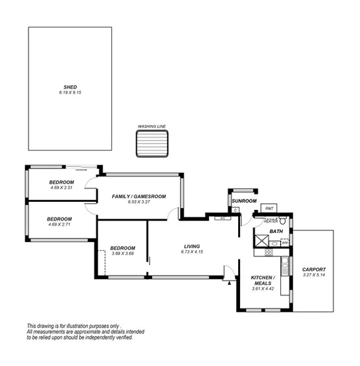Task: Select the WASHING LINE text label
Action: [x=152, y=126]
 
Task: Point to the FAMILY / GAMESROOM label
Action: [x=139, y=196]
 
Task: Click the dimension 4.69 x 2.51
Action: [x=61, y=188]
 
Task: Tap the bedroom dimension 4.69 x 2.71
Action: [x=59, y=224]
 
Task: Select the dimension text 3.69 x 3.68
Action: [x=122, y=253]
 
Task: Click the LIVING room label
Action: [x=192, y=246]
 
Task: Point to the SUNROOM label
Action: [x=244, y=201]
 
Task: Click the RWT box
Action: [x=270, y=209]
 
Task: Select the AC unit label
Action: [x=221, y=219]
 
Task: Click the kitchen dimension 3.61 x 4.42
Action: [x=263, y=289]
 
